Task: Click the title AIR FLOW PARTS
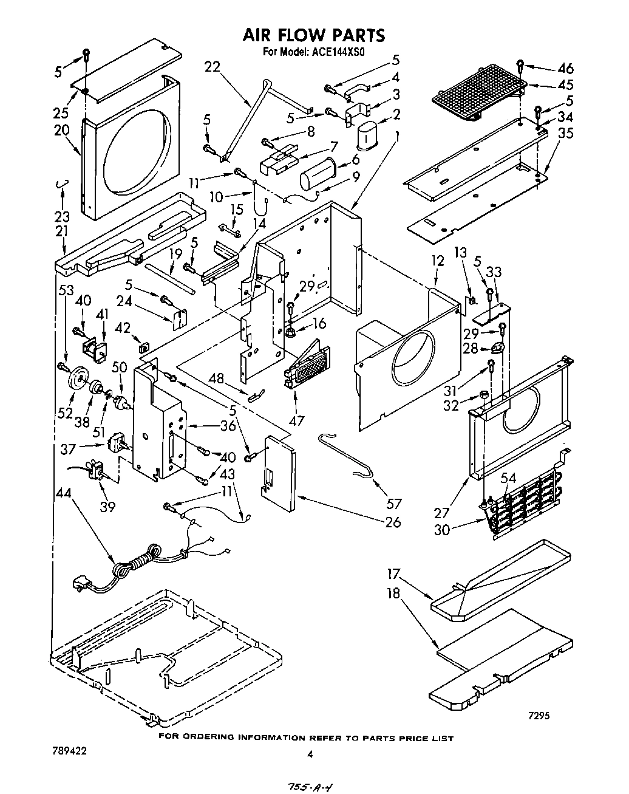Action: pyautogui.click(x=313, y=35)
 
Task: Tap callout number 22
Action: pyautogui.click(x=212, y=67)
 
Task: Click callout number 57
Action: pyautogui.click(x=394, y=503)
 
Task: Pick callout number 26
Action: pyautogui.click(x=393, y=522)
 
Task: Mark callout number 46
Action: pyautogui.click(x=565, y=69)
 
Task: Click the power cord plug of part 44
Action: pyautogui.click(x=81, y=584)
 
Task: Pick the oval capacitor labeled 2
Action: pyautogui.click(x=367, y=135)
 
